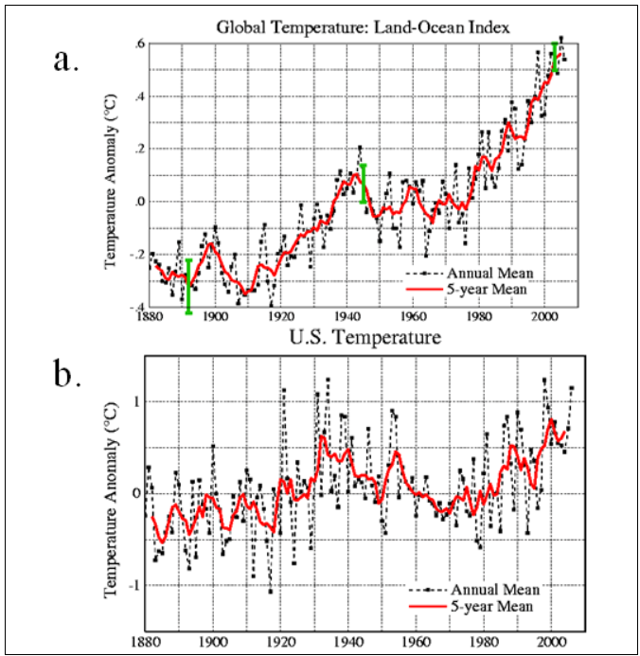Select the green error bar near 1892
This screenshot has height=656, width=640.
pos(188,286)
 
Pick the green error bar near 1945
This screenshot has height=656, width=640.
pos(364,184)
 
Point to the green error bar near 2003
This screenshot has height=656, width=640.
pos(555,58)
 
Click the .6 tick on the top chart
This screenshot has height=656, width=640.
pos(137,44)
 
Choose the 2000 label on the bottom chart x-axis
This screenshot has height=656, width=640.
pos(545,640)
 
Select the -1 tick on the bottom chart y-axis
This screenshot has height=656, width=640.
pos(134,585)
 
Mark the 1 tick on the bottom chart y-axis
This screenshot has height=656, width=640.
pos(136,401)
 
